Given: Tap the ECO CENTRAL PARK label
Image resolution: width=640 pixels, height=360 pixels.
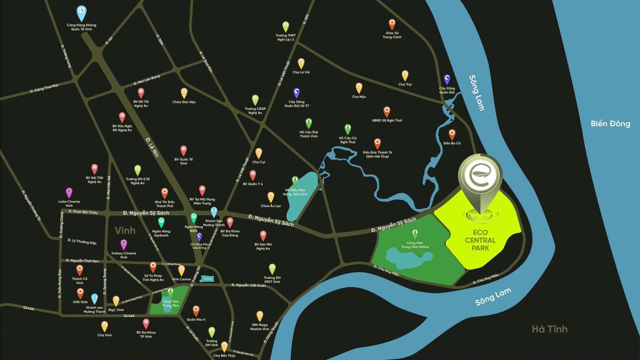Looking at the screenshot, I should click(480, 241).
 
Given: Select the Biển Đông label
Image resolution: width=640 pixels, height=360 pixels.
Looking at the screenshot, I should click(610, 124).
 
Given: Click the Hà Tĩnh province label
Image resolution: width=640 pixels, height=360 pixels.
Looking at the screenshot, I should click(549, 328).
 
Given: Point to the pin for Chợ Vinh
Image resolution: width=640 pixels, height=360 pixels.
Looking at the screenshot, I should click(105, 326).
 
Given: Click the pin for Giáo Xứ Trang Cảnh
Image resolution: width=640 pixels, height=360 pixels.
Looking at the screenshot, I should click(392, 24).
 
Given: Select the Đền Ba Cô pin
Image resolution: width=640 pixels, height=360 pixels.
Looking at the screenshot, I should click(452, 134).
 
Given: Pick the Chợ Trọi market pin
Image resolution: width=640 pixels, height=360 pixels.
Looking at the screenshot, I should click(405, 75).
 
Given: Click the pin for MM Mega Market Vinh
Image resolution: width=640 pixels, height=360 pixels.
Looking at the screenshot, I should click(260, 316).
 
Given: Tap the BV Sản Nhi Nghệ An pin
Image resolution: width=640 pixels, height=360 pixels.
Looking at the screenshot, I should click(263, 236).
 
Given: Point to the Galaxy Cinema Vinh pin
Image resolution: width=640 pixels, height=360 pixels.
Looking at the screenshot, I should click(123, 244).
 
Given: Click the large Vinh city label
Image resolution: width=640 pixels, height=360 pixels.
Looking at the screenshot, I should click(125, 230).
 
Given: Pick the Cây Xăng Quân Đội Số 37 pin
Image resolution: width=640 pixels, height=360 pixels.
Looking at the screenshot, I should click(296, 93).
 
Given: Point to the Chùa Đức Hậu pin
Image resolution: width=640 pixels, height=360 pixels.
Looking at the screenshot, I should click(184, 93).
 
